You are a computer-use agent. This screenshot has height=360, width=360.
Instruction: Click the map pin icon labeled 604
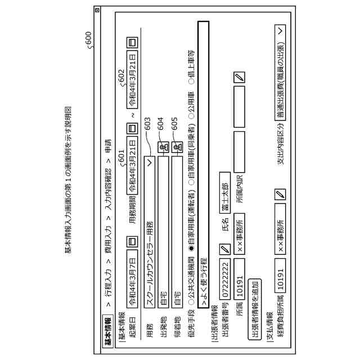(163, 147)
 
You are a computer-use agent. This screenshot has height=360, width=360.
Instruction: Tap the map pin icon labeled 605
(178, 147)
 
